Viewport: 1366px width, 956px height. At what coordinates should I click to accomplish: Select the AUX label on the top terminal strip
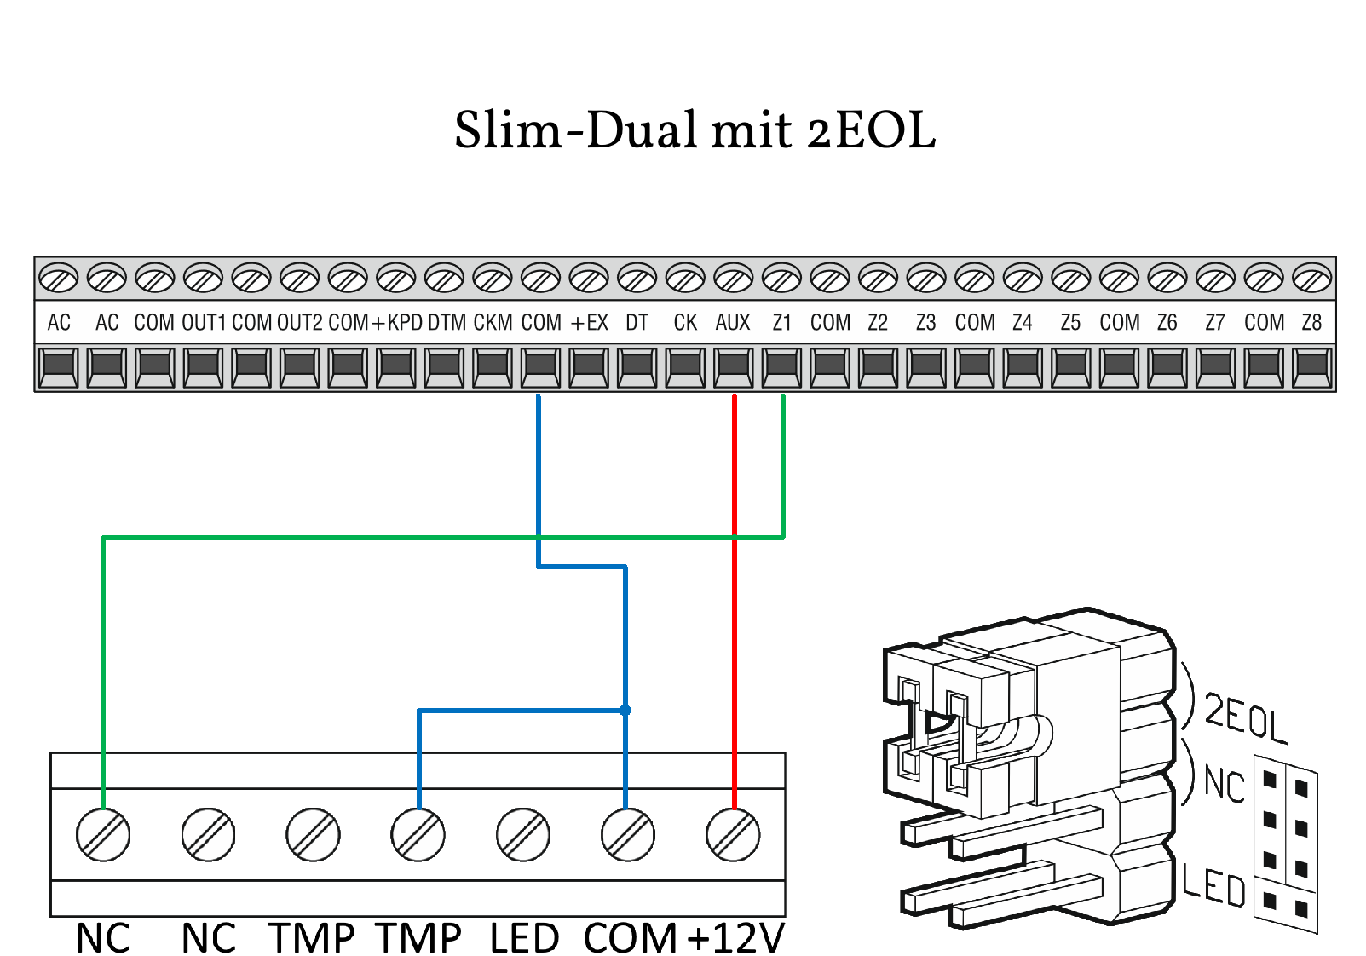pos(733,323)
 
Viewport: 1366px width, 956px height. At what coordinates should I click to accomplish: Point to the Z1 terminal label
pos(781,323)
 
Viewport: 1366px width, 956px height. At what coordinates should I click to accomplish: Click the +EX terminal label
pos(589,323)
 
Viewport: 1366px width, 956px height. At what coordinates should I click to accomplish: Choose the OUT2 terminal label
pos(300,323)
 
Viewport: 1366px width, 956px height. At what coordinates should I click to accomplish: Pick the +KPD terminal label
pos(397,323)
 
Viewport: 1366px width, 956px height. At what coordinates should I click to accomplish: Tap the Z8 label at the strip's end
pos(1311,323)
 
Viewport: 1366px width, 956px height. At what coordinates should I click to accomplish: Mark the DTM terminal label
pos(447,323)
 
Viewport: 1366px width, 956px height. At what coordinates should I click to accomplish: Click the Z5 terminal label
pos(1070,323)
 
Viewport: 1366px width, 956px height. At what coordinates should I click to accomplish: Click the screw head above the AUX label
pos(733,278)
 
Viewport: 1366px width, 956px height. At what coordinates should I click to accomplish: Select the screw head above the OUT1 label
pos(203,278)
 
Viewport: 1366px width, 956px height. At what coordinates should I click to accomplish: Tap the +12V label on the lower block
pos(735,938)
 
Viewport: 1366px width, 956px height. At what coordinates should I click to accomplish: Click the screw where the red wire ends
pos(733,835)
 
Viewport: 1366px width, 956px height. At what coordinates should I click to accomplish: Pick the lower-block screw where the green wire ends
pos(103,835)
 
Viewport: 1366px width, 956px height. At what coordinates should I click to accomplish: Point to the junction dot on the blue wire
pos(625,710)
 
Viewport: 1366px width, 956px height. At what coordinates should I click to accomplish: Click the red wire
pos(735,639)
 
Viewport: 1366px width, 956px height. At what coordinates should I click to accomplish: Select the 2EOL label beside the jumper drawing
pos(1245,718)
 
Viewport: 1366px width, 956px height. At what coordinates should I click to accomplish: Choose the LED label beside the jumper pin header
pos(1213,886)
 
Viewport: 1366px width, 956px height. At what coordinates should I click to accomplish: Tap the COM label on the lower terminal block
pos(630,938)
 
